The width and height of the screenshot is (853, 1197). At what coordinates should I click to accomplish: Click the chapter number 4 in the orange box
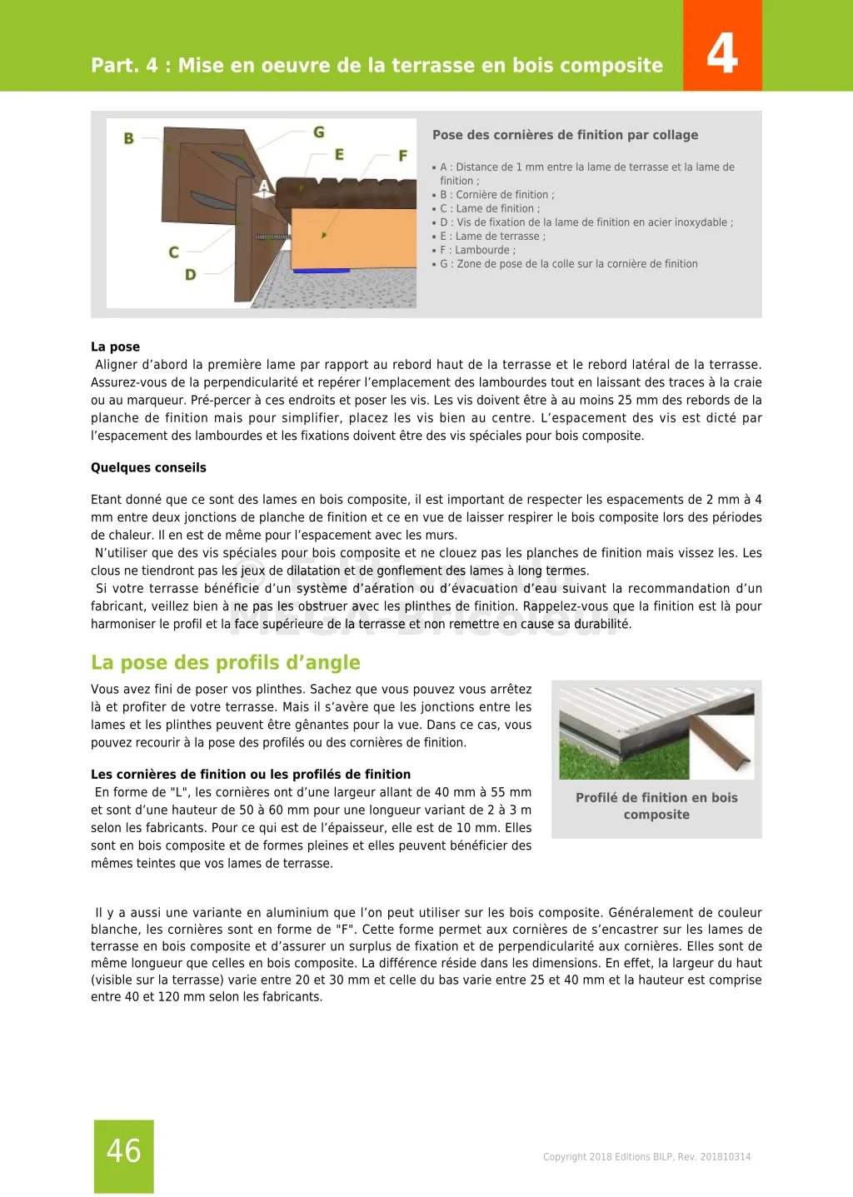[x=722, y=52]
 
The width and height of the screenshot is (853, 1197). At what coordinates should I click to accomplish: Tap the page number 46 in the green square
[x=124, y=1151]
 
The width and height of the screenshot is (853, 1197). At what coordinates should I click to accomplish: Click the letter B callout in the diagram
[x=129, y=138]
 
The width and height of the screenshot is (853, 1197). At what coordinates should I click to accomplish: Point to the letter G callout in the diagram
[x=319, y=132]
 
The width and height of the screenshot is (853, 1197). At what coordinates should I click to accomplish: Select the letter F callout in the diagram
[x=403, y=156]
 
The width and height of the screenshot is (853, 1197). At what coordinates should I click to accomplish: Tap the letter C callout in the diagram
[x=174, y=252]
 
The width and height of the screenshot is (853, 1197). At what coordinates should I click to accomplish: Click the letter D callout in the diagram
[x=191, y=275]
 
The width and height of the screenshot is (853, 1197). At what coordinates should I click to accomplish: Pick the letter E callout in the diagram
[x=339, y=155]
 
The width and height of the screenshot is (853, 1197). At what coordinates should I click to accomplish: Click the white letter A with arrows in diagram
[x=264, y=187]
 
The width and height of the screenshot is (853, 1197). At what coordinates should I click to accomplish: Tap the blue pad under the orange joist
[x=322, y=270]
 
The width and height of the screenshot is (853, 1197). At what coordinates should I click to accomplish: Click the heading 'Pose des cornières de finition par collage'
[x=565, y=135]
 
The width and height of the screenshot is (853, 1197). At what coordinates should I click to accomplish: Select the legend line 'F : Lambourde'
[x=477, y=250]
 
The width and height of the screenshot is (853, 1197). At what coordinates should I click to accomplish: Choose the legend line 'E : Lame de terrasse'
[x=492, y=237]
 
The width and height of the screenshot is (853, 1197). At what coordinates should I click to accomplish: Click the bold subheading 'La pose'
[x=115, y=347]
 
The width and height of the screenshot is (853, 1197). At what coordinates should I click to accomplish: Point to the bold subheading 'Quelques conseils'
[x=148, y=467]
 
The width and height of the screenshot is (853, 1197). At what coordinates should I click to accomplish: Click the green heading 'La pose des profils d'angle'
[x=226, y=662]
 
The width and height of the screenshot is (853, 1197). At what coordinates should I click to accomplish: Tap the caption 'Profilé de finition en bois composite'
[x=656, y=806]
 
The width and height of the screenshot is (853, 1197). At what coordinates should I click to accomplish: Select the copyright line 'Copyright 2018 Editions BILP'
[x=646, y=1157]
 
